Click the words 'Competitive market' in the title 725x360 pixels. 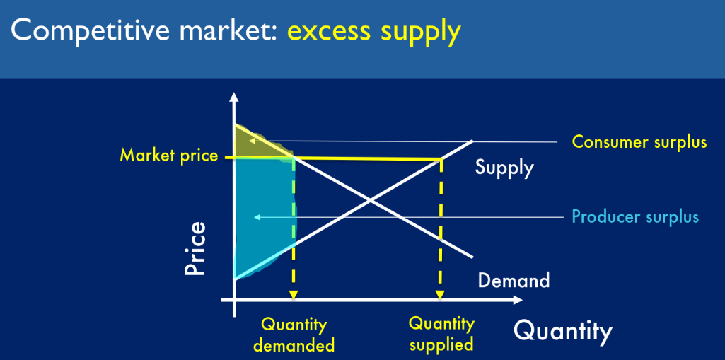pos(141,30)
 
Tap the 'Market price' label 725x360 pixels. pos(169,156)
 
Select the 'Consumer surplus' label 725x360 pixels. pos(639,142)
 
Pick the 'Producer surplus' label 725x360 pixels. pos(635,216)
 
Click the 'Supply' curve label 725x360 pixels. pos(504,168)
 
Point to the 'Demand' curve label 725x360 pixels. pos(514,280)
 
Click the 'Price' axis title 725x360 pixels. pos(195,249)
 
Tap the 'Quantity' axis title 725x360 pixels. pos(563,331)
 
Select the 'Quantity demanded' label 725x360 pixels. pos(294,335)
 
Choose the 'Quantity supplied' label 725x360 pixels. pos(441,334)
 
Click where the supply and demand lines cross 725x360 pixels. pos(369,201)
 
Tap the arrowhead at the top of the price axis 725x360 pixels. pos(234,97)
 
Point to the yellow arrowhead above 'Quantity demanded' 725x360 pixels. pos(293,295)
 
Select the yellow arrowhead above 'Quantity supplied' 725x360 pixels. pos(440,295)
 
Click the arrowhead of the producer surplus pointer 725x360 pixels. pos(257,216)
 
